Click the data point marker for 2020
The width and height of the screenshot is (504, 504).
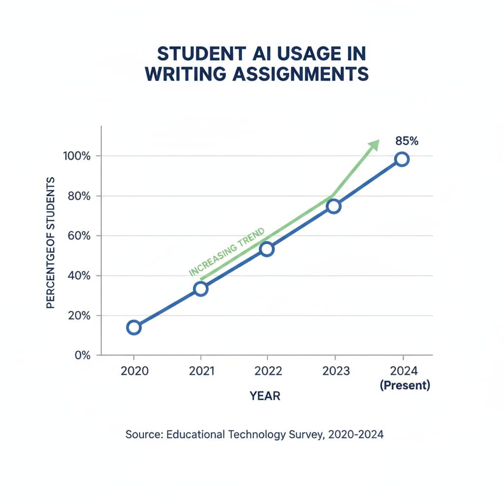point(133,327)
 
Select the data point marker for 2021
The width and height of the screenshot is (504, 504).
point(201,288)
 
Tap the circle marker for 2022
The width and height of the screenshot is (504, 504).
point(267,249)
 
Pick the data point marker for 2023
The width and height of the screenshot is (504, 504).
point(334,206)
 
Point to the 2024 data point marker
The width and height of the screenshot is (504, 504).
point(402,159)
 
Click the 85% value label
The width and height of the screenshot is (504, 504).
point(407,141)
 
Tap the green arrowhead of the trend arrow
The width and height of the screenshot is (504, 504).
point(374,145)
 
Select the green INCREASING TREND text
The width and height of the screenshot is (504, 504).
point(227,252)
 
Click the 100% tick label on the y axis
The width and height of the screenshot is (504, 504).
point(77,156)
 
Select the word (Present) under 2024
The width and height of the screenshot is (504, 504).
point(405,386)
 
